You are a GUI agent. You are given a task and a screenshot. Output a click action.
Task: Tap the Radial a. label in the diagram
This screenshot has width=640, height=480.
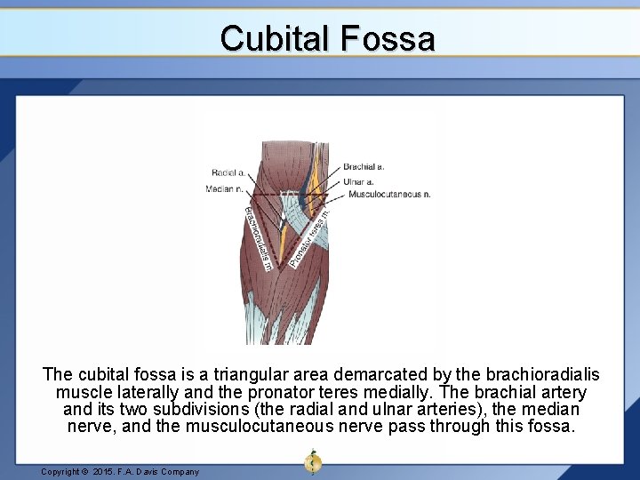[229, 172]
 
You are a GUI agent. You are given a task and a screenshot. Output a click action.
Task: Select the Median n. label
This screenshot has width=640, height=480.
[224, 188]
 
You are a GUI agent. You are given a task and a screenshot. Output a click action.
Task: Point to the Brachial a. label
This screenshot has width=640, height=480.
[364, 166]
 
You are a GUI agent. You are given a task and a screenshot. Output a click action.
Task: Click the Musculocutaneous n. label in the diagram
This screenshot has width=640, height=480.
[389, 194]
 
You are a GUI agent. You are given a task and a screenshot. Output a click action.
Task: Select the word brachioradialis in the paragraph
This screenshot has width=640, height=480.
[536, 376]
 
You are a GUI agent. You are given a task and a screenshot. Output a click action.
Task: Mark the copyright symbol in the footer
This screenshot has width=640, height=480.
[86, 472]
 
